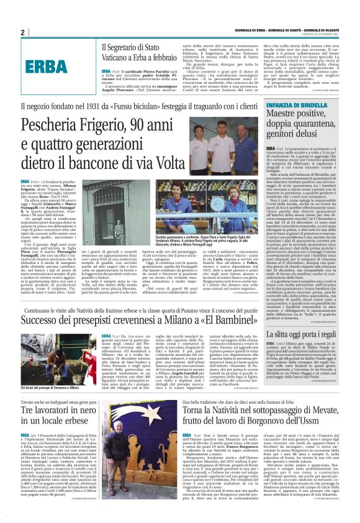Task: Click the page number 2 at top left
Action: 22,33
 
